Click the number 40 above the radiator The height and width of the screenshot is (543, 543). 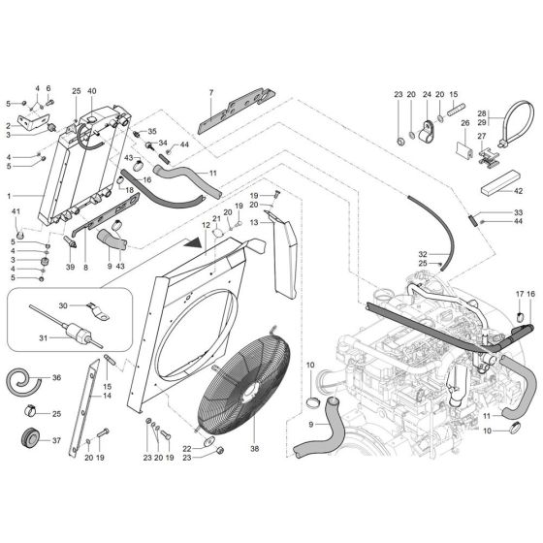tap(92, 91)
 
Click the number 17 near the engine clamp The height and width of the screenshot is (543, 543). tap(519, 294)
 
